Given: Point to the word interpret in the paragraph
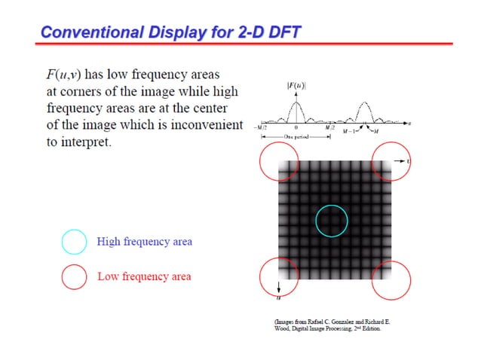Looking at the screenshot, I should pos(86,142).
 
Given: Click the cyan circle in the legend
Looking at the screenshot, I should pos(74,242).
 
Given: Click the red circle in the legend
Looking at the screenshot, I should pos(74,276).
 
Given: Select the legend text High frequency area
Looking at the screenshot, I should pos(144,242).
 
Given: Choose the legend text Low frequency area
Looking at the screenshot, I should pos(144,276).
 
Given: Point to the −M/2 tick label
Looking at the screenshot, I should pos(262,128).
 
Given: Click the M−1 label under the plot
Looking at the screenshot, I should pos(351,132).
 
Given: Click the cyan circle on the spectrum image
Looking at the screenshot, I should pos(332,221).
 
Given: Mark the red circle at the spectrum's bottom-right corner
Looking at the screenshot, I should pos(391,280).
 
